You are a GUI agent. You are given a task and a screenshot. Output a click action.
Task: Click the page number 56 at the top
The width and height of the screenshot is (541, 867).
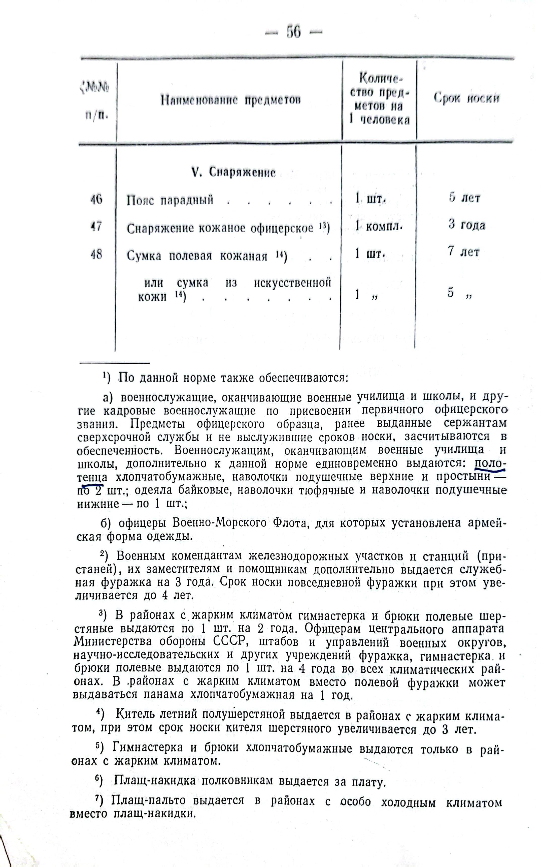pos(293,32)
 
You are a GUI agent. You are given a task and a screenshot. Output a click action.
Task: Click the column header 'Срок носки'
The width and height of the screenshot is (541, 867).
pos(467,98)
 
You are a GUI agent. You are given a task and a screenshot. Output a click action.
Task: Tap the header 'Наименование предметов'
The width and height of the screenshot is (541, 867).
pos(231,100)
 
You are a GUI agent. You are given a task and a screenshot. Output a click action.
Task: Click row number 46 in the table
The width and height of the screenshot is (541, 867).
pos(96,199)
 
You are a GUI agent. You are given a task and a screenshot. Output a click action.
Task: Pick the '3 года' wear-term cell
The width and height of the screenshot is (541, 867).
pos(467,225)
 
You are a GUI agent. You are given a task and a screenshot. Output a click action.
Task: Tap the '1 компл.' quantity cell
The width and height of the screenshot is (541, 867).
pos(379,226)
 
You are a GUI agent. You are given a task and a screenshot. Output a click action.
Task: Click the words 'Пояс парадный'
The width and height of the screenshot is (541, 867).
pos(170,200)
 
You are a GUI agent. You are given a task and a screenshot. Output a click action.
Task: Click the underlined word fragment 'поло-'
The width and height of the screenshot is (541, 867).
pos(489,463)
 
